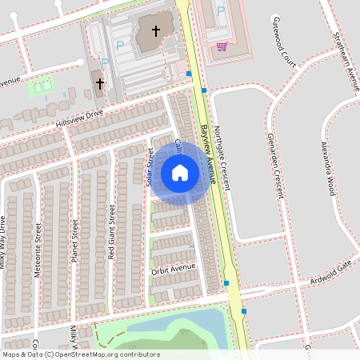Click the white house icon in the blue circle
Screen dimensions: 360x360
(180, 172)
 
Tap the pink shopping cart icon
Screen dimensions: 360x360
(222, 45)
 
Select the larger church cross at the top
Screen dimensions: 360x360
(155, 32)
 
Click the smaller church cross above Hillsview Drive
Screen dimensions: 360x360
(100, 83)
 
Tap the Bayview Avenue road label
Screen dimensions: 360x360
(210, 152)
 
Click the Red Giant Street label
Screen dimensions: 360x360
(112, 231)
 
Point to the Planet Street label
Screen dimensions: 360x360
(74, 240)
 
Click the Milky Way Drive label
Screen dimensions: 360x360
(3, 242)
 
